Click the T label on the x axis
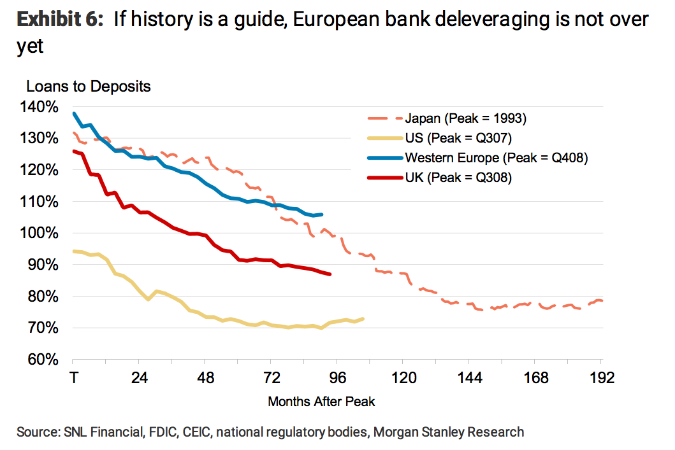[x=73, y=378]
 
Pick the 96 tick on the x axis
[x=337, y=378]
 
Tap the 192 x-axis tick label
[x=600, y=378]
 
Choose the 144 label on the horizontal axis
[x=469, y=378]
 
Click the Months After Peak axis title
[x=321, y=402]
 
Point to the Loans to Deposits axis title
[x=89, y=86]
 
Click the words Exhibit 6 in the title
[x=60, y=20]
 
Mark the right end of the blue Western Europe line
[x=321, y=214]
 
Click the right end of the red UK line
[x=330, y=274]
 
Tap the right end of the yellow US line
[x=363, y=319]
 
